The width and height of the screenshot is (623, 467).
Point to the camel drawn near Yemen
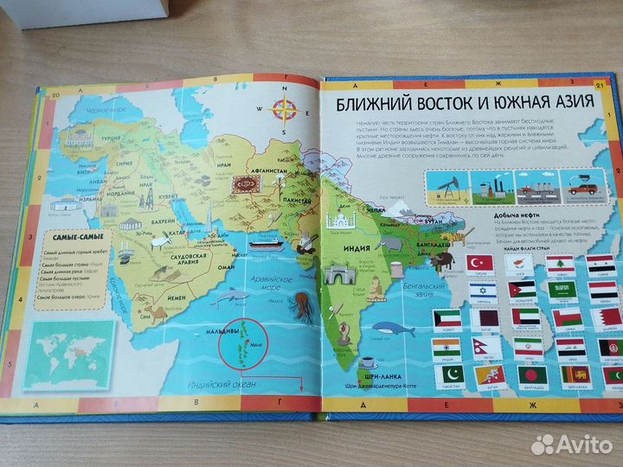coord(148,308)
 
